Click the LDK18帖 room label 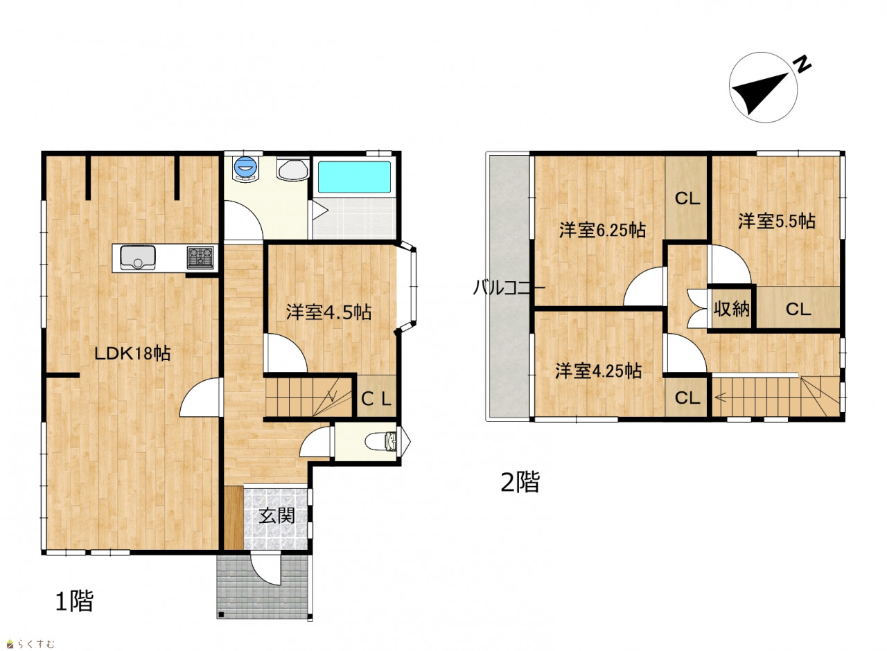[x=132, y=353]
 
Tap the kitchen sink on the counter [x=137, y=258]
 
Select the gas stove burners [x=200, y=257]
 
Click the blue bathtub [x=354, y=177]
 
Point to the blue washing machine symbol [x=246, y=168]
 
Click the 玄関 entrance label [x=276, y=515]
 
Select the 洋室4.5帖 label [x=328, y=312]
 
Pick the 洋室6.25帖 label [x=602, y=230]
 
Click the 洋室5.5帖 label [x=777, y=221]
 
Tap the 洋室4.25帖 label [x=598, y=371]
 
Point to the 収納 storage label [x=732, y=309]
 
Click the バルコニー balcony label [x=509, y=287]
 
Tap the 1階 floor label [x=74, y=601]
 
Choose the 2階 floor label [x=520, y=481]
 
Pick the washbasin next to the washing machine [x=293, y=170]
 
